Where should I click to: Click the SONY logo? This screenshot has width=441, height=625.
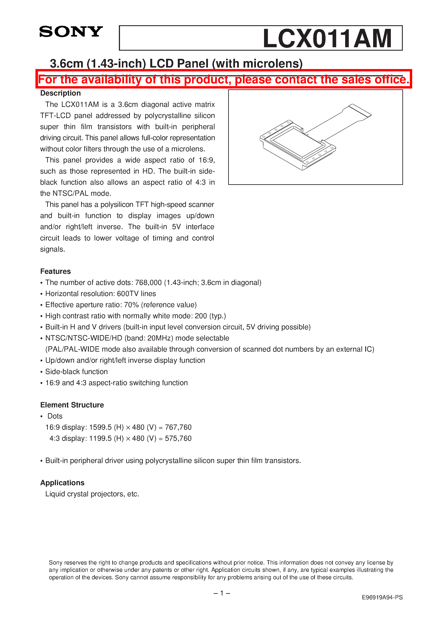point(71,32)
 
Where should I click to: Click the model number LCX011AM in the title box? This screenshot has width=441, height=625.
point(327,38)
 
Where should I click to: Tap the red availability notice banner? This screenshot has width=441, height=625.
point(223,79)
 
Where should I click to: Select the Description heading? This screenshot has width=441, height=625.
point(60,93)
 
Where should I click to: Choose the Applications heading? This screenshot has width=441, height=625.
point(62,483)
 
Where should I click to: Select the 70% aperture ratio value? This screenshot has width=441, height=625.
point(131,305)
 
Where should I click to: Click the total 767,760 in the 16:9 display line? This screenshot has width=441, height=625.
point(178,427)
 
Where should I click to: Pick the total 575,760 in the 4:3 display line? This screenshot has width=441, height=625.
point(178,438)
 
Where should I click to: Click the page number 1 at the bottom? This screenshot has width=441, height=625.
point(222,593)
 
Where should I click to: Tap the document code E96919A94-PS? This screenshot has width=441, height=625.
point(382,597)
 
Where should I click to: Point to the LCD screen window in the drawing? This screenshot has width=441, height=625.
point(296,142)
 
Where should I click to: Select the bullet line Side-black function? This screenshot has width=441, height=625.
point(76,371)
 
